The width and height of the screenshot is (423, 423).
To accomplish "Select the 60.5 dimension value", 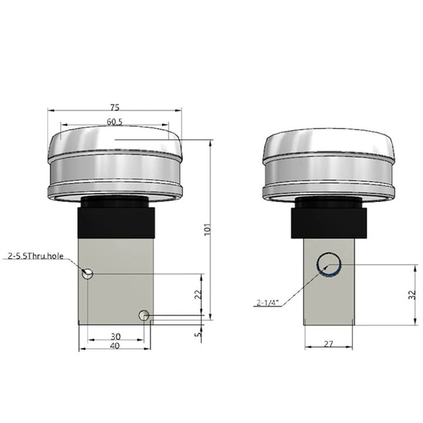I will [x=115, y=121].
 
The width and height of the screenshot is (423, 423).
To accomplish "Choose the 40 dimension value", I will [x=115, y=346].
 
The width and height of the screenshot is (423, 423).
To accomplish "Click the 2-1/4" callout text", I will [x=269, y=302].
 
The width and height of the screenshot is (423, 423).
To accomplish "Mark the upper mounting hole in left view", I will [x=88, y=273].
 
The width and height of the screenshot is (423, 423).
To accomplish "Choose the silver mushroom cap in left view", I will [x=115, y=164].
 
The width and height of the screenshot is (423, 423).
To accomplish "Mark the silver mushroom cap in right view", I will [x=329, y=164].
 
